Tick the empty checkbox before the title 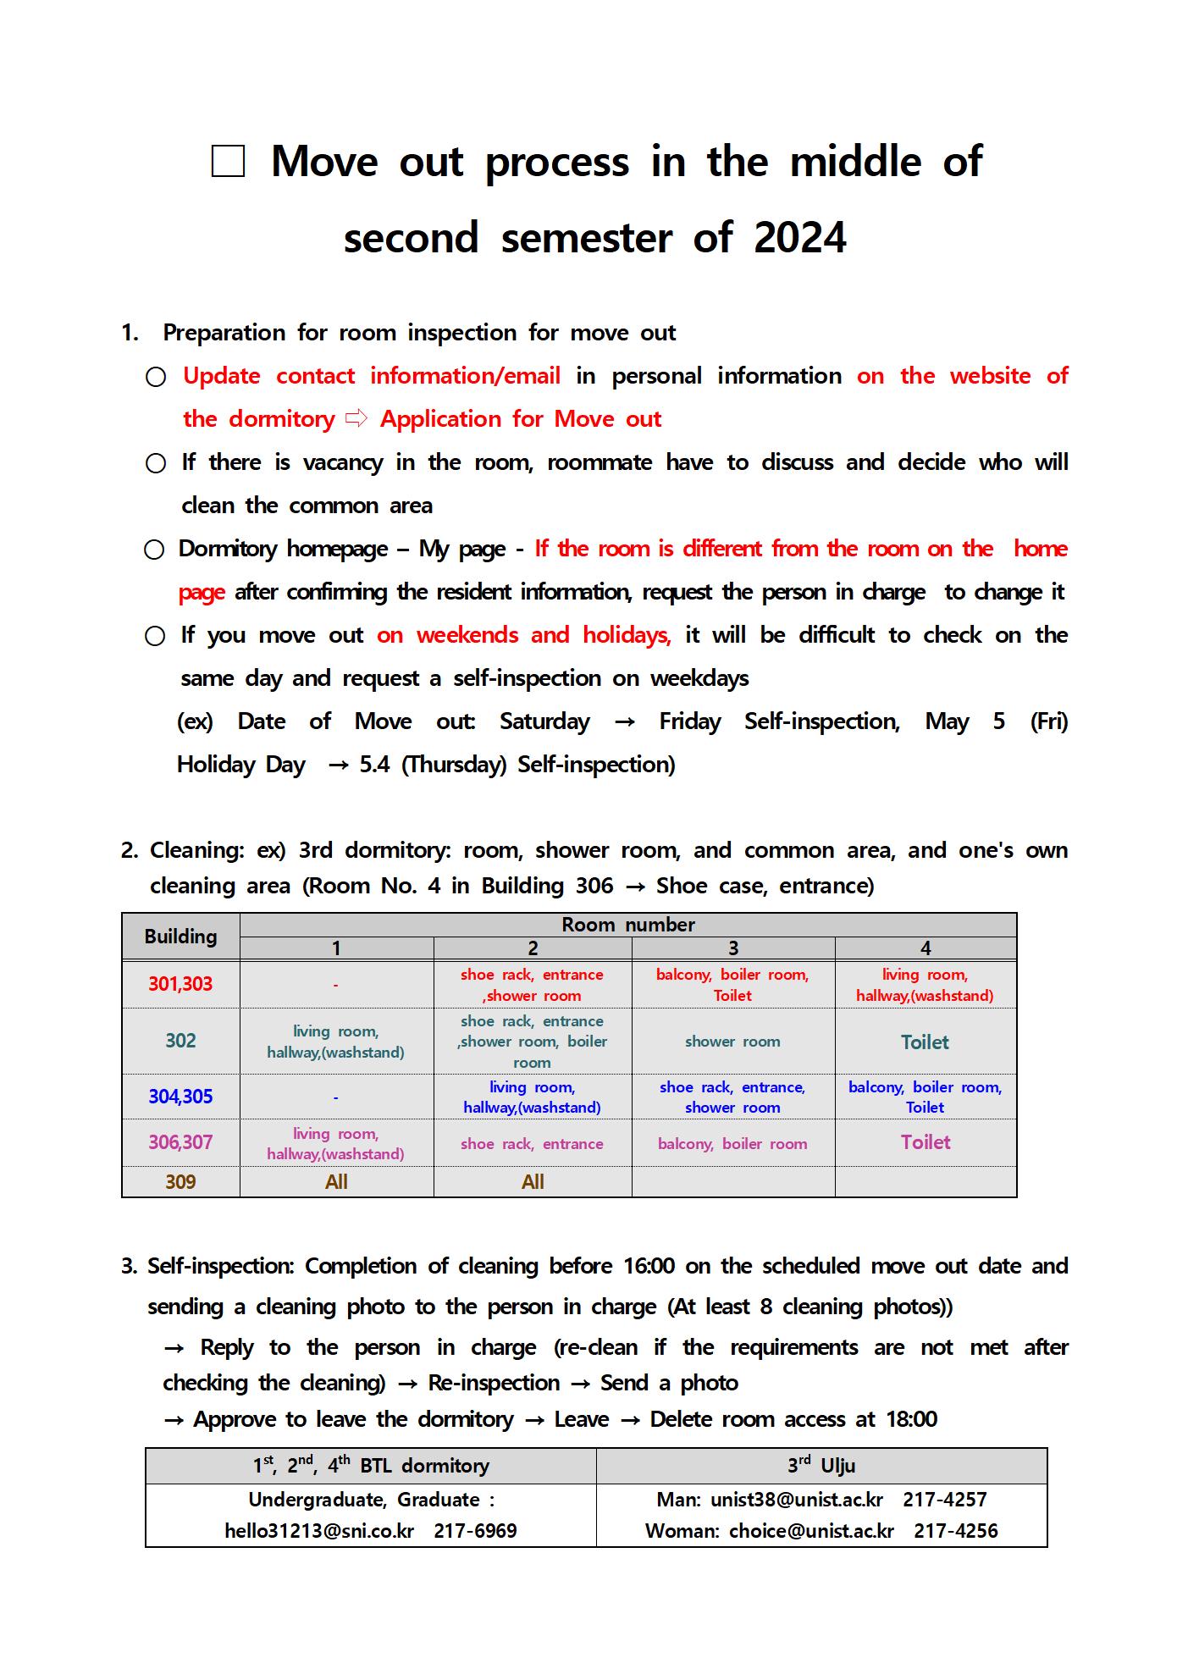[x=228, y=161]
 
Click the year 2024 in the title [x=799, y=237]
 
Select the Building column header [x=180, y=937]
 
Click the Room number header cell [x=627, y=925]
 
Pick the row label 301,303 [x=180, y=984]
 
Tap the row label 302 [x=180, y=1041]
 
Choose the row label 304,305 [x=180, y=1097]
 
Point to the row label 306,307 [x=180, y=1142]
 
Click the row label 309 [x=180, y=1182]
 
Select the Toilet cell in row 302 [x=925, y=1042]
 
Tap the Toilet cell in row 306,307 [x=926, y=1142]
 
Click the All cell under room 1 [x=336, y=1182]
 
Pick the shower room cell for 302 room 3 [x=732, y=1042]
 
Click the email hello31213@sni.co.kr [x=319, y=1531]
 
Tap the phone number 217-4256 [x=955, y=1531]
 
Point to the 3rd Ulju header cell [x=821, y=1466]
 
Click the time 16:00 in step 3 [x=649, y=1266]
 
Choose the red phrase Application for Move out [x=520, y=419]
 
